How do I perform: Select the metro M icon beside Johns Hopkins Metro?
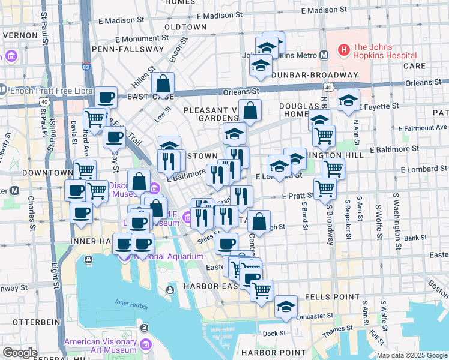tap(324, 55)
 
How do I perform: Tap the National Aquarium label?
tap(169, 257)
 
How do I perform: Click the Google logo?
tap(20, 353)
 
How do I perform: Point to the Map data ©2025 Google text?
tap(411, 355)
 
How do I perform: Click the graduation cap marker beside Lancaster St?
tap(286, 307)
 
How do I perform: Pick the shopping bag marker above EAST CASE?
tap(163, 84)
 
